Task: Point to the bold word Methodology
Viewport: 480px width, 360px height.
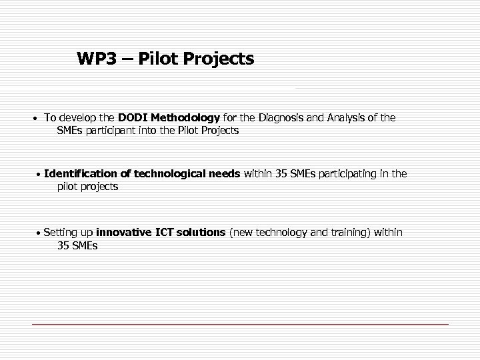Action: (x=185, y=118)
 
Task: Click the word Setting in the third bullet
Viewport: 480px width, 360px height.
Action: (x=61, y=233)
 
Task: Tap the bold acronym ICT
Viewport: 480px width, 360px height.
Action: (x=163, y=233)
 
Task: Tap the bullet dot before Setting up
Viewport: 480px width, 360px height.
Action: (x=39, y=234)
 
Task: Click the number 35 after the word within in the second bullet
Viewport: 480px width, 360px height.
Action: (x=282, y=174)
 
